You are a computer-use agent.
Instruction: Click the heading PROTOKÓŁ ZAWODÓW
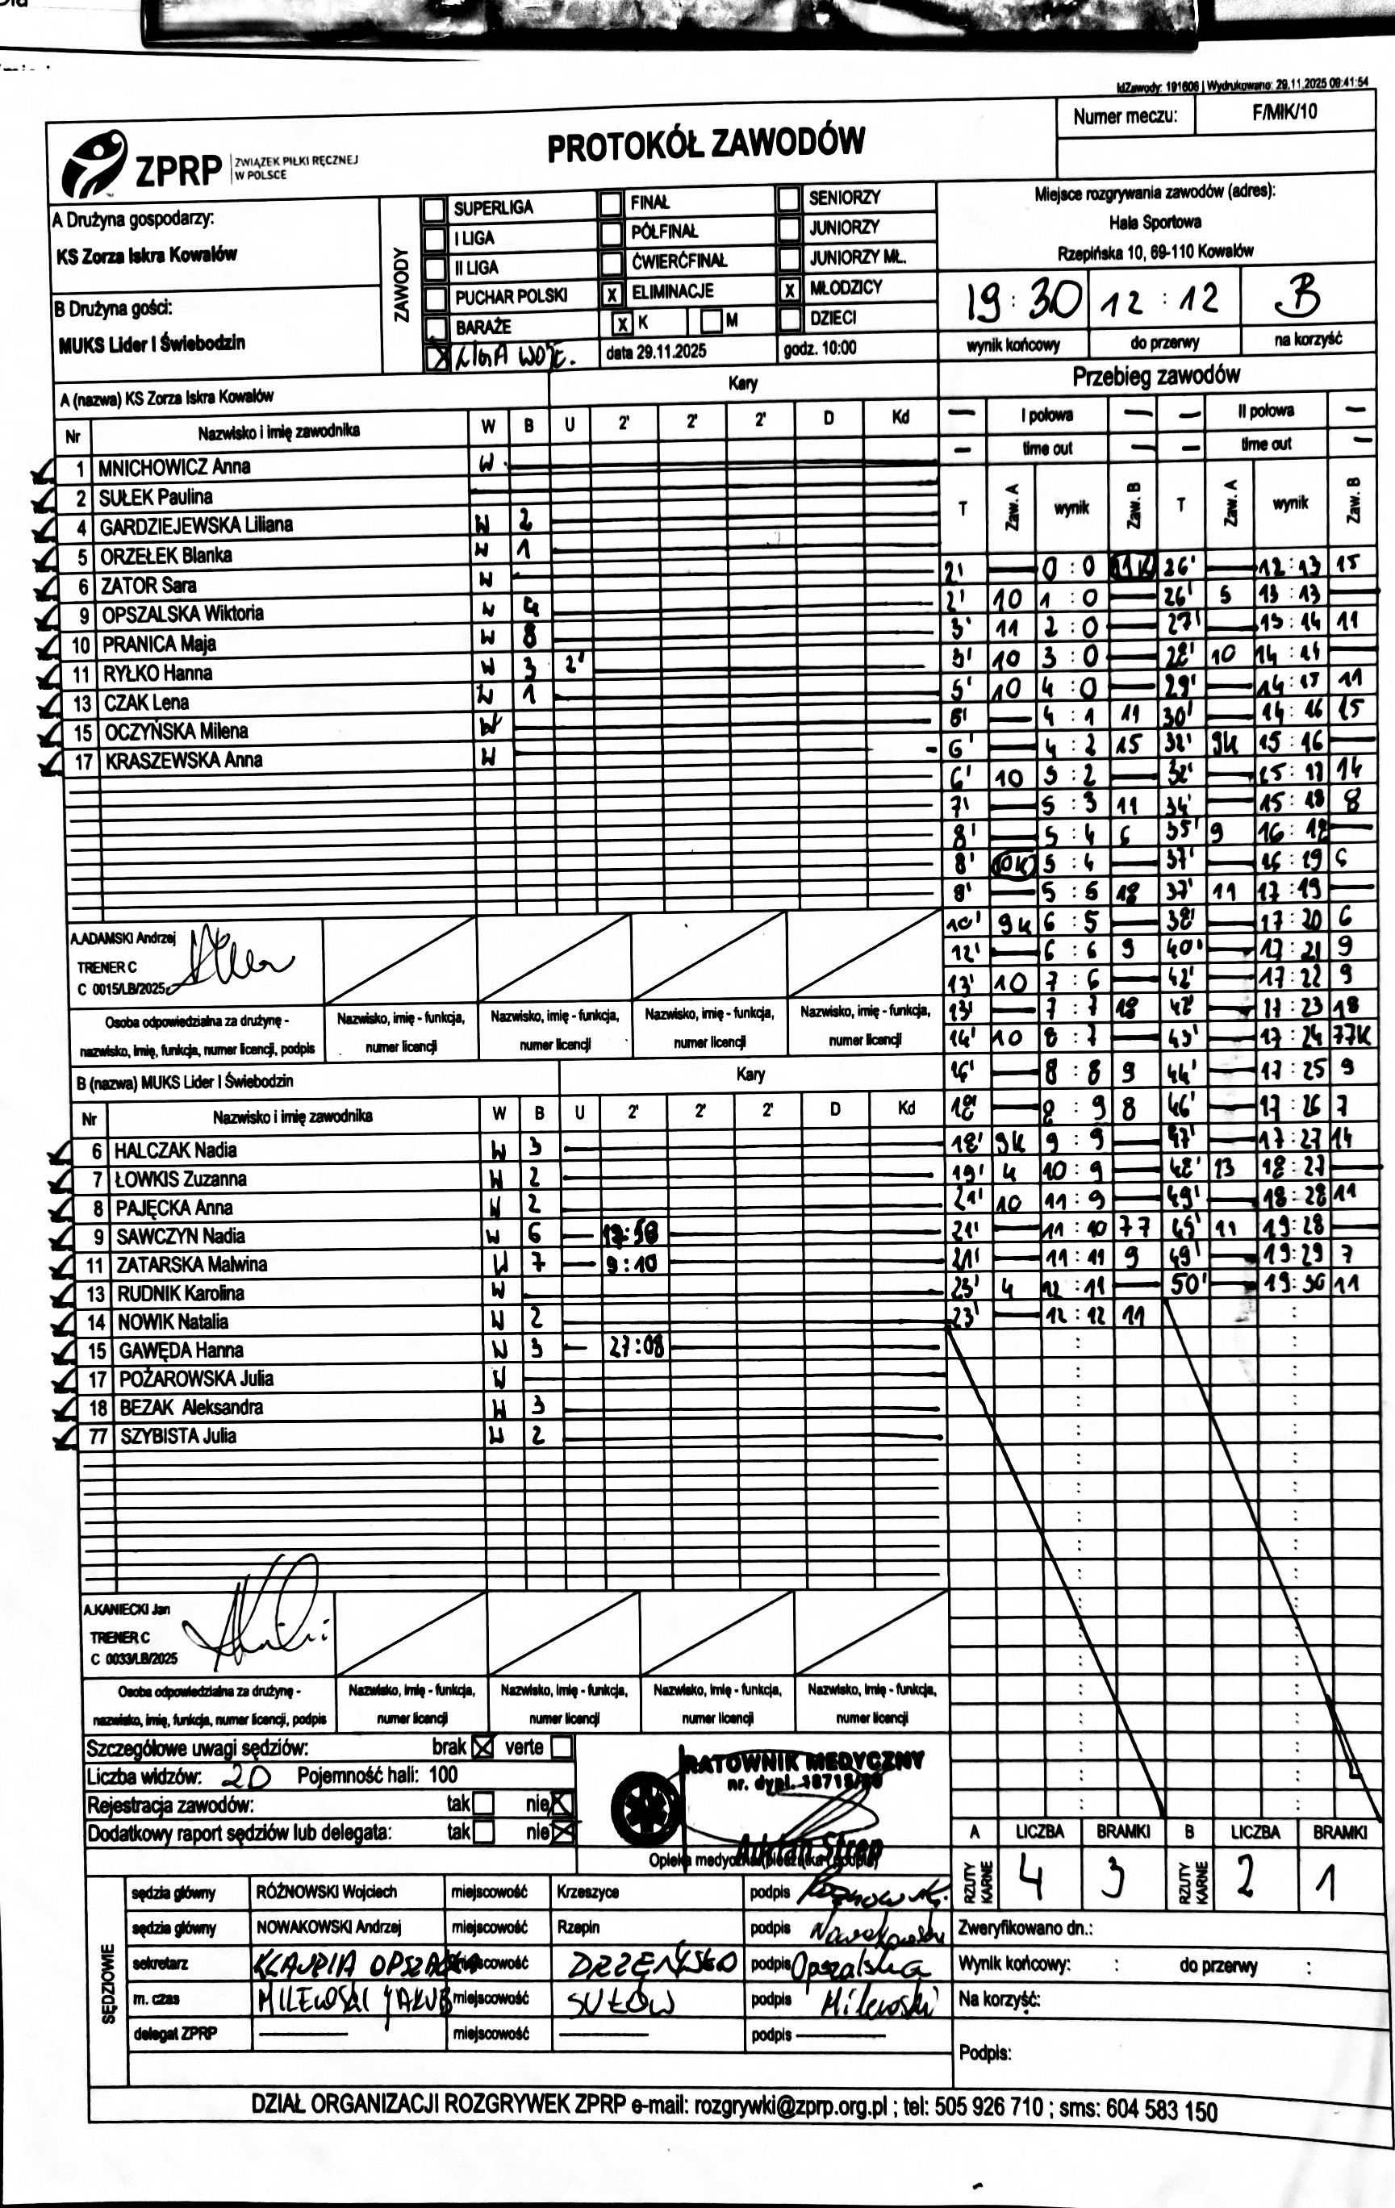click(705, 144)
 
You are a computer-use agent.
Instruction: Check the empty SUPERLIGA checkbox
click(434, 209)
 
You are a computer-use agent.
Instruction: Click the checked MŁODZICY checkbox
click(789, 290)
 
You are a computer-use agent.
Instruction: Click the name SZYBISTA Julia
click(178, 1436)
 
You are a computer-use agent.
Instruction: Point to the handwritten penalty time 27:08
click(636, 1347)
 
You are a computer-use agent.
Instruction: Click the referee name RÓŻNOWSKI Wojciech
click(327, 1892)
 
